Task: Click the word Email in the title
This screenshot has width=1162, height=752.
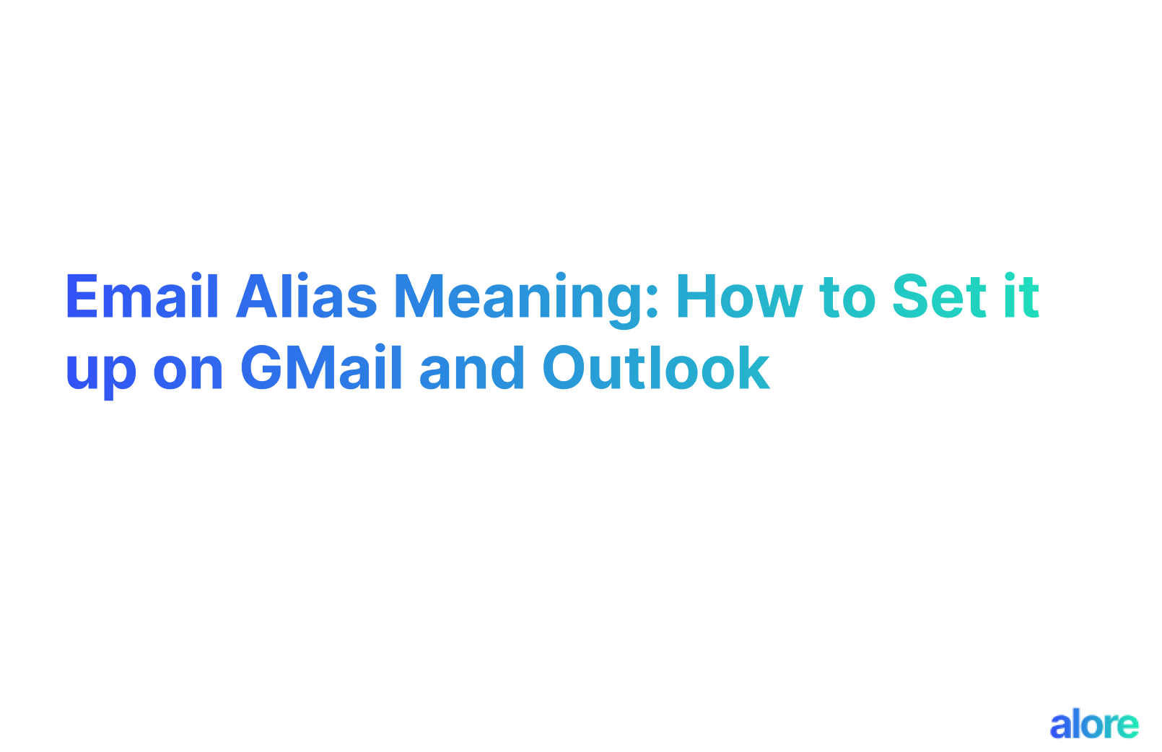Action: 141,297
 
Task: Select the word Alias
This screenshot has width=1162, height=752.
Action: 306,297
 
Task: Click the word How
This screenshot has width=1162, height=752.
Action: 739,297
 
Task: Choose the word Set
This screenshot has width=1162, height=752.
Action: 939,297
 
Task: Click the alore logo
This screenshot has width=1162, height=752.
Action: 1094,725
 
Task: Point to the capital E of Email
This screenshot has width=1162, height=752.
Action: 82,297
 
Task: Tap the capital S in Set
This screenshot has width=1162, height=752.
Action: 910,297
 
